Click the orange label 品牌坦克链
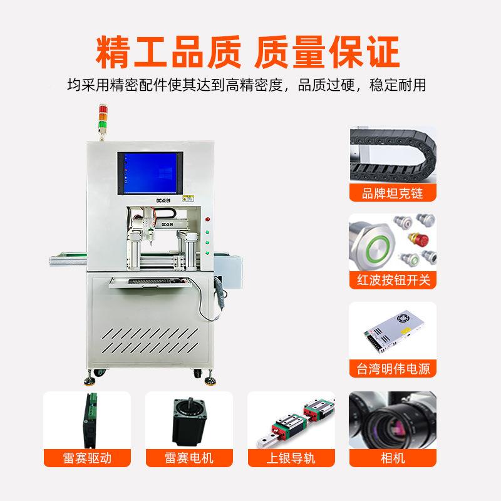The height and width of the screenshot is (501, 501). (x=392, y=192)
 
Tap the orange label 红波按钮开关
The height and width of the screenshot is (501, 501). (x=392, y=280)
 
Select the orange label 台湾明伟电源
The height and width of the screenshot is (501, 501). (x=392, y=368)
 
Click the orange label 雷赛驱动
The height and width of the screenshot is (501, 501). (x=87, y=458)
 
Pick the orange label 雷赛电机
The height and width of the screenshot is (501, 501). (x=189, y=458)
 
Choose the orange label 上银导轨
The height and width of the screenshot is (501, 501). (x=291, y=458)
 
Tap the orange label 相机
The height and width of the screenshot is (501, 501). (x=393, y=458)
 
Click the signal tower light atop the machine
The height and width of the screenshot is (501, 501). (x=103, y=118)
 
